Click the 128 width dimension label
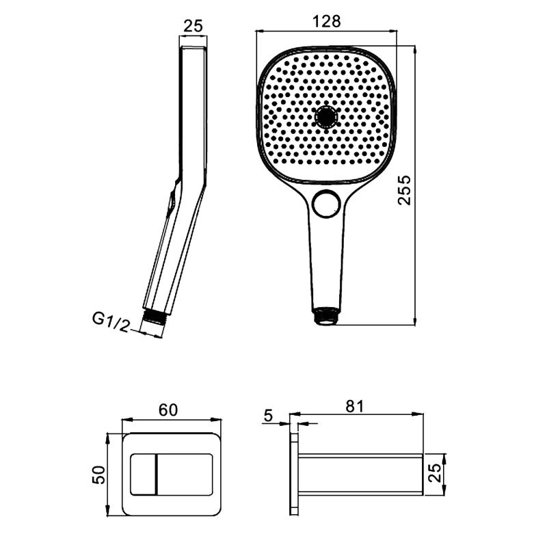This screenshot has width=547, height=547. [x=326, y=21]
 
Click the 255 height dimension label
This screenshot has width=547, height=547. [x=405, y=191]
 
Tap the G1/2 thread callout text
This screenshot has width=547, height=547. [x=111, y=322]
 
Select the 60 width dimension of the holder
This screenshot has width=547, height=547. [x=168, y=410]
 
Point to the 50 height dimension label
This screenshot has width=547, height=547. [x=99, y=475]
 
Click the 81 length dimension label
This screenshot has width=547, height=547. [x=354, y=406]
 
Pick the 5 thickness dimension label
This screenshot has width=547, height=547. [x=268, y=416]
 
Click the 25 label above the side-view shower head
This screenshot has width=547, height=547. [x=193, y=26]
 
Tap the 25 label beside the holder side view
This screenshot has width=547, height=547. [x=435, y=473]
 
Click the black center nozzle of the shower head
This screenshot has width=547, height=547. [x=326, y=117]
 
